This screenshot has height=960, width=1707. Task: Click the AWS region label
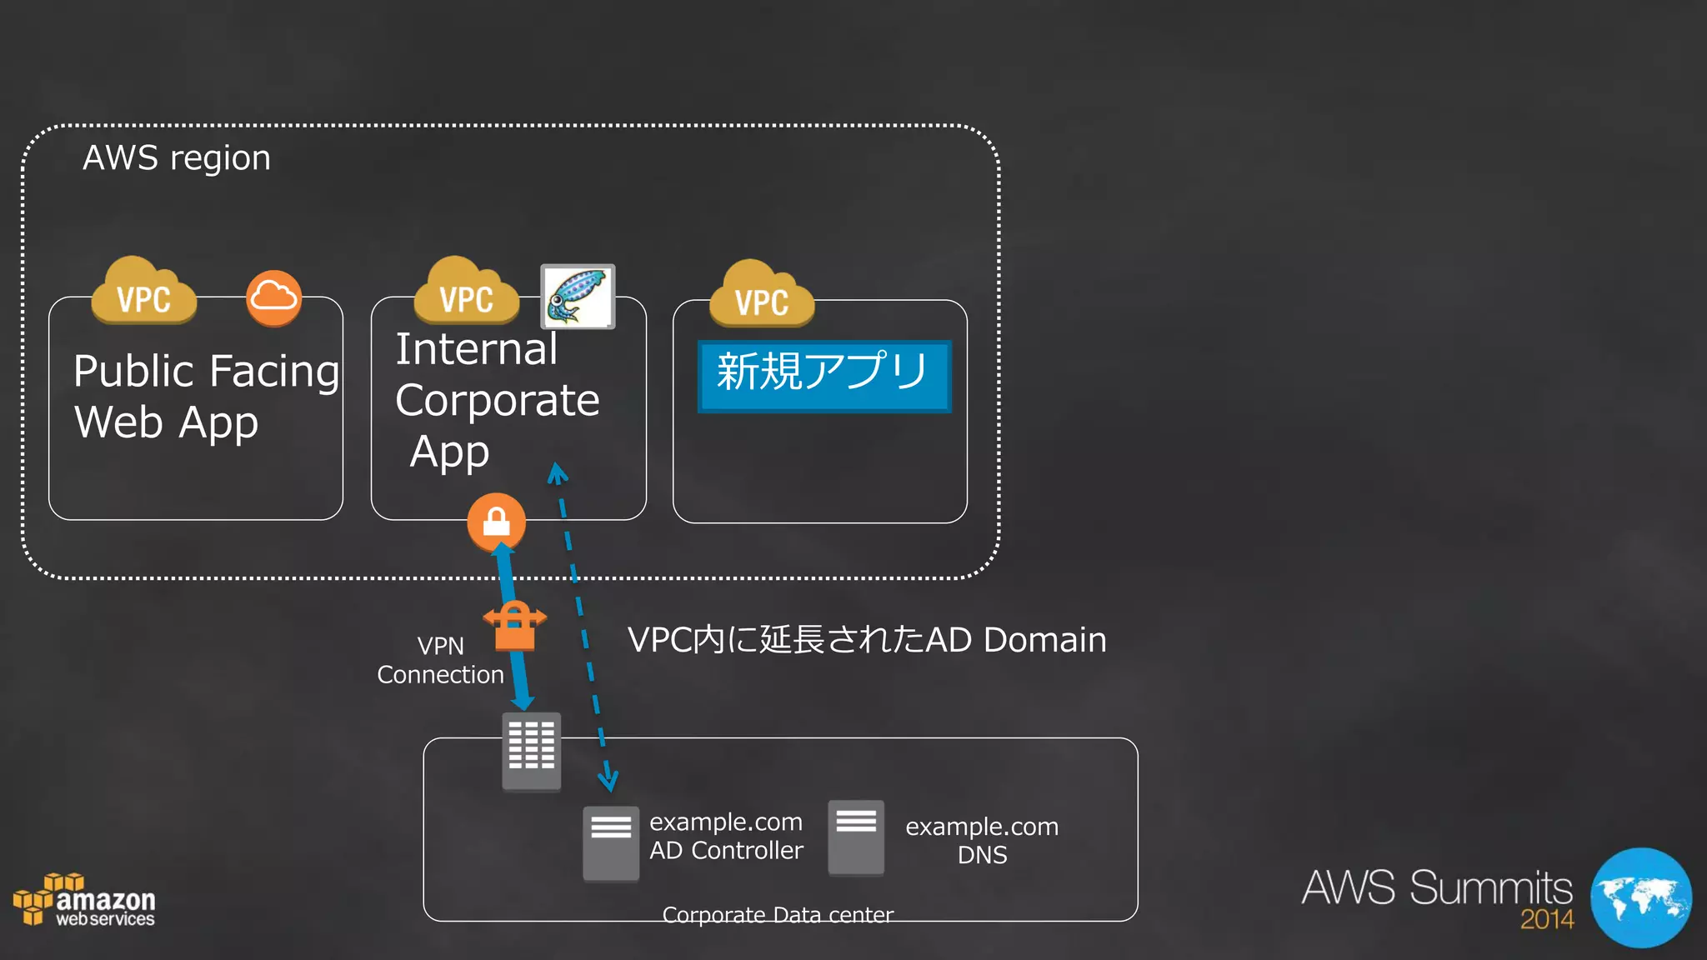tap(177, 158)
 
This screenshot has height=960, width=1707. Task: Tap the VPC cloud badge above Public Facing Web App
tap(143, 292)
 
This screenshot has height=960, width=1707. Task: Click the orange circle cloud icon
tap(273, 297)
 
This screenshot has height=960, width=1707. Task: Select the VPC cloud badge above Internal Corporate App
tap(466, 292)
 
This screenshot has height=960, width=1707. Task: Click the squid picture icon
tap(578, 297)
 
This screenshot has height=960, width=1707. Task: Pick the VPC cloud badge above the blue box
tap(761, 296)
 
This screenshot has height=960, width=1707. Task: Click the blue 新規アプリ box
tap(823, 376)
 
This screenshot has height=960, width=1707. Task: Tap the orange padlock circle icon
tap(496, 522)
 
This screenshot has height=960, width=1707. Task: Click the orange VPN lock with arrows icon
tap(514, 626)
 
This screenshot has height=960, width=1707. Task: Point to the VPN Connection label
tap(440, 660)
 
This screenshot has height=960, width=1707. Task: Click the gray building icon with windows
tap(531, 750)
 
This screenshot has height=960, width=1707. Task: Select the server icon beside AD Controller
tap(610, 842)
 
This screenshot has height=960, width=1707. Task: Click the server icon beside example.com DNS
tap(855, 837)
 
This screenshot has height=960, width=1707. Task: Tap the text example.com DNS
tap(982, 840)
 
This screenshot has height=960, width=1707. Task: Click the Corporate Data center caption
tap(778, 915)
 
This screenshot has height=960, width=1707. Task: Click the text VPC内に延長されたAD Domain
tap(867, 640)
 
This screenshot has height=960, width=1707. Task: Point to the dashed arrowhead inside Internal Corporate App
tap(557, 474)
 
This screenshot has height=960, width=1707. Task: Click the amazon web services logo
tap(84, 902)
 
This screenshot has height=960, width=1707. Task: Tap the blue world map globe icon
tap(1640, 897)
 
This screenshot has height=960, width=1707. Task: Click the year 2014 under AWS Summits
tap(1546, 920)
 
